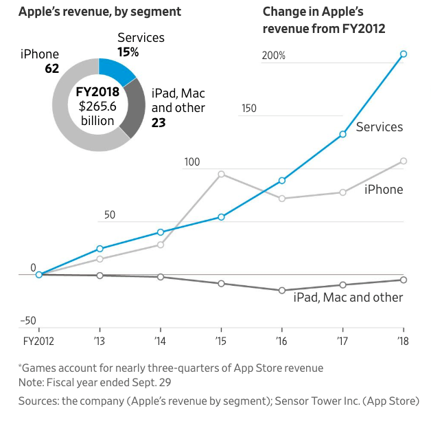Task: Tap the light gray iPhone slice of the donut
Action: click(69, 124)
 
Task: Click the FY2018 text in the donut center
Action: click(97, 91)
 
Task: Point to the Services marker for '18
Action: click(404, 54)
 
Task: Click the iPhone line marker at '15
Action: click(221, 174)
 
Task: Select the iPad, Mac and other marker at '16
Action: click(281, 290)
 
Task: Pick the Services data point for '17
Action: click(342, 134)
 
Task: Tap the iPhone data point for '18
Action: click(404, 161)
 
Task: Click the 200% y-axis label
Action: click(274, 56)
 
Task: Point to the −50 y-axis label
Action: click(28, 321)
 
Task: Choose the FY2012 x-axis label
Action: click(38, 341)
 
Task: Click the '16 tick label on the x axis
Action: click(281, 341)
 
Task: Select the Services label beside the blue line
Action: click(380, 127)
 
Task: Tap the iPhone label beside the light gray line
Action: click(384, 189)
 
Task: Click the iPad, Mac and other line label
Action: click(348, 298)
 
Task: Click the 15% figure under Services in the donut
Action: click(128, 52)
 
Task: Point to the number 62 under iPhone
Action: click(51, 68)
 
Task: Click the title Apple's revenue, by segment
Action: click(100, 12)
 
